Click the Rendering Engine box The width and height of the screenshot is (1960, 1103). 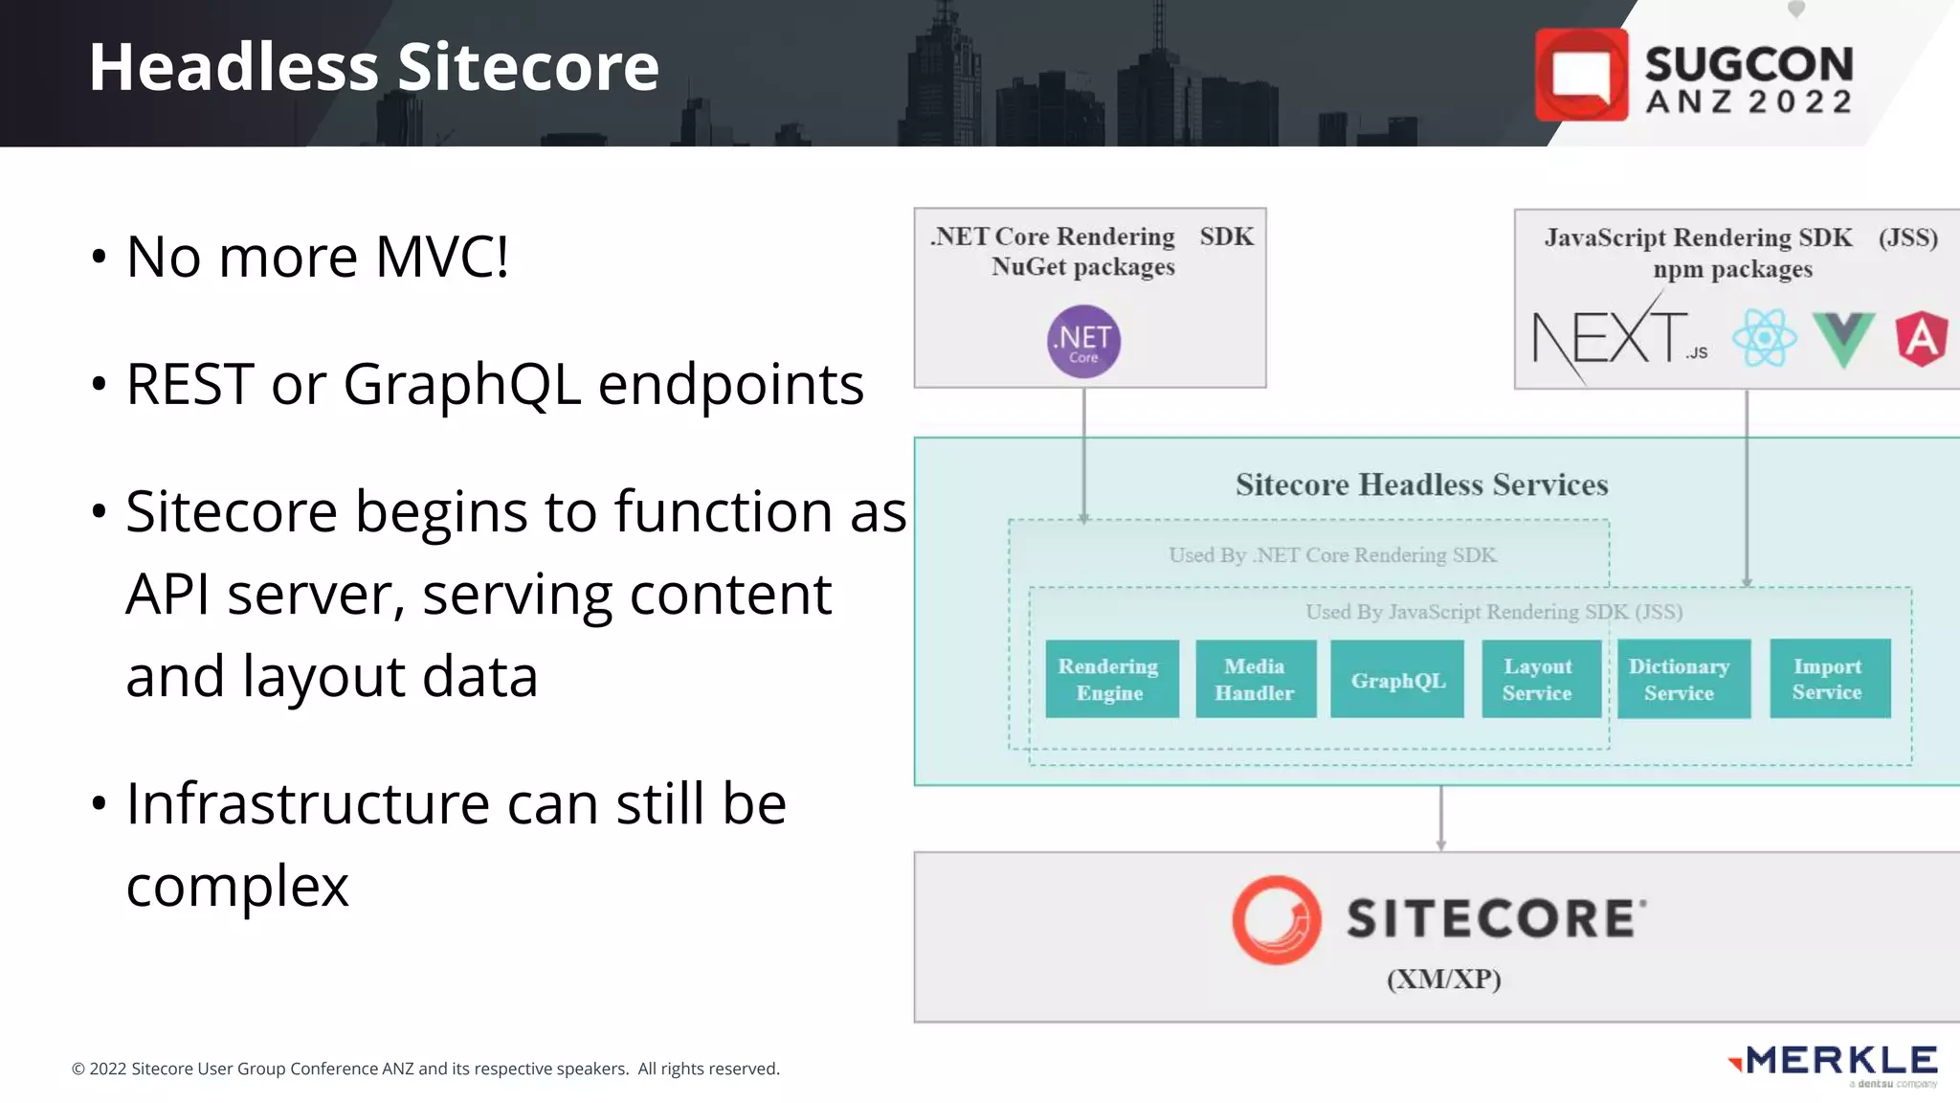1111,679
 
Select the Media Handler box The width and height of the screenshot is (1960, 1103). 1255,679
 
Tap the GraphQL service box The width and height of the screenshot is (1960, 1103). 1397,680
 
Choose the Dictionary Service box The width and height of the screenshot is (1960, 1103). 1681,679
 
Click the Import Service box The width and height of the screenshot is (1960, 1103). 1829,678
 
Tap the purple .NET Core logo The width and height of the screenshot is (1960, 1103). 1083,341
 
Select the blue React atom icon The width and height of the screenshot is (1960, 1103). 1764,338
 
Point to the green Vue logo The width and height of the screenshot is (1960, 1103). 1843,338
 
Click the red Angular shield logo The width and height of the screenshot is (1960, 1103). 1921,338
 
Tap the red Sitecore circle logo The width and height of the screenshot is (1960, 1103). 1277,919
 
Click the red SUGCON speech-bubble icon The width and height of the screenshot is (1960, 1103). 1581,75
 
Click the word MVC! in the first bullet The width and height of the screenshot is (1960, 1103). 441,257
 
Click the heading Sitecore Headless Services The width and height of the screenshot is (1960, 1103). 1421,484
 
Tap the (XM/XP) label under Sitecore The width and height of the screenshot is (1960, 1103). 1443,979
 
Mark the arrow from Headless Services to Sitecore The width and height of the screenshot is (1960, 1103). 1441,819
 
